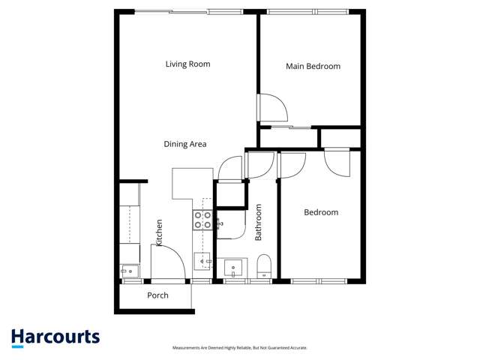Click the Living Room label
187,64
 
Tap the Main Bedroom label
313,67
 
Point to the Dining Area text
185,144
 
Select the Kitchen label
159,232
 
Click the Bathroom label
259,222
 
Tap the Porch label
157,295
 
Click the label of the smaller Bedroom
320,213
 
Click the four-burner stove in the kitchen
202,220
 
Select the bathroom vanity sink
235,268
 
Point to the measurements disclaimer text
240,348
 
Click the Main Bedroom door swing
271,107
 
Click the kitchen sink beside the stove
202,261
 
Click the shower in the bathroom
229,223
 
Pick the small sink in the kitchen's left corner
129,270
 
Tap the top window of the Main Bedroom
314,12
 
